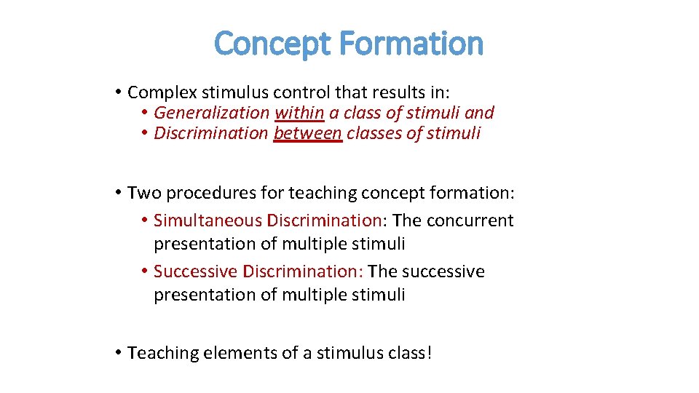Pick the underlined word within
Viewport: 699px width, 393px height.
click(x=299, y=113)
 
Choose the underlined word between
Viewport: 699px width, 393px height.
click(x=308, y=133)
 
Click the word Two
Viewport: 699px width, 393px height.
click(x=141, y=193)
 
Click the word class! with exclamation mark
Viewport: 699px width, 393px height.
click(x=411, y=353)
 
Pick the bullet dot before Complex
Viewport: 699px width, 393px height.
click(x=118, y=92)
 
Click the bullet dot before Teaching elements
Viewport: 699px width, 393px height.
click(x=118, y=353)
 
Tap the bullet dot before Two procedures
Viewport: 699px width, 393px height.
click(x=118, y=193)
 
